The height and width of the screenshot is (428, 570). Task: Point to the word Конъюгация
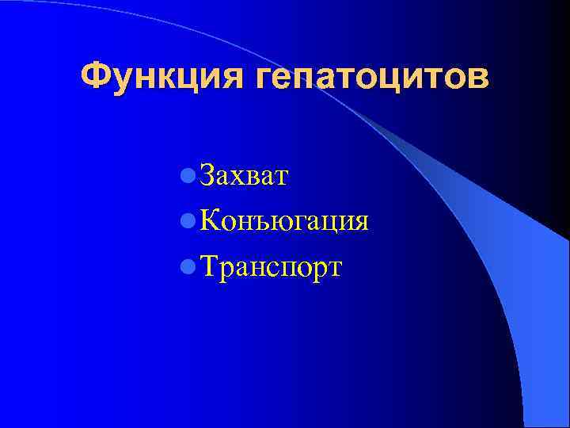pyautogui.click(x=284, y=220)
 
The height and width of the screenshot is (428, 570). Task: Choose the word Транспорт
pyautogui.click(x=271, y=267)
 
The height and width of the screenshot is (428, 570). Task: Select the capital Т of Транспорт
pyautogui.click(x=210, y=266)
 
